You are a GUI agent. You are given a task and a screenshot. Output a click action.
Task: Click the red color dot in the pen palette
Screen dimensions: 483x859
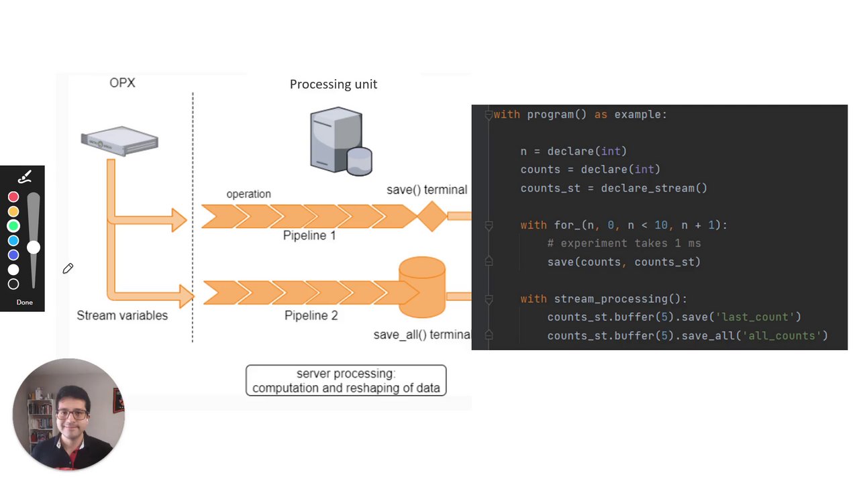point(13,197)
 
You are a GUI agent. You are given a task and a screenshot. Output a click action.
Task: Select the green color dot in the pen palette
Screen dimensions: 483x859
point(13,226)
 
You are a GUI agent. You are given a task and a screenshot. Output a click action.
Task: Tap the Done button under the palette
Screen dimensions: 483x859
point(24,302)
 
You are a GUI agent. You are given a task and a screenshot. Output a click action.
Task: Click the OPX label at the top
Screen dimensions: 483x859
point(122,83)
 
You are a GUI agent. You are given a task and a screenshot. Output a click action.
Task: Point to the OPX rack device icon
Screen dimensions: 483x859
point(119,140)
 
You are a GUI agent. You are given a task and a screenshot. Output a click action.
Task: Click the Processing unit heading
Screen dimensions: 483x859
point(333,84)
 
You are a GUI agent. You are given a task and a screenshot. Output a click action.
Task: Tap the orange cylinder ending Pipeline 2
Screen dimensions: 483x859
point(422,286)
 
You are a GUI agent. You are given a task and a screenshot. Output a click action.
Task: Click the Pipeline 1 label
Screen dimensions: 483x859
point(309,235)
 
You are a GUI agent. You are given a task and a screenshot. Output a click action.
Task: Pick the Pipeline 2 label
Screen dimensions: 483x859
point(311,315)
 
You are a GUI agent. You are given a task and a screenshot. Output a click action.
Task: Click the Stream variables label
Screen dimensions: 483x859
point(122,315)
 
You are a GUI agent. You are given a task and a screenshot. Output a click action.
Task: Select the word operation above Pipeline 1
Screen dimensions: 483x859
point(248,194)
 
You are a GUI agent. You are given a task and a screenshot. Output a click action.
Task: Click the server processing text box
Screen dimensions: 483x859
point(346,380)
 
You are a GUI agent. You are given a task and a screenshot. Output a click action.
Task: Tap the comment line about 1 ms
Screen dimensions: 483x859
point(623,244)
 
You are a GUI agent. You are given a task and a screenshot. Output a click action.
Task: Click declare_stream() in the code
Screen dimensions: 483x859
point(654,188)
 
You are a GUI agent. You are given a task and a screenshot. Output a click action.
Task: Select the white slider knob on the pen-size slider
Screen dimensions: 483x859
point(33,248)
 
